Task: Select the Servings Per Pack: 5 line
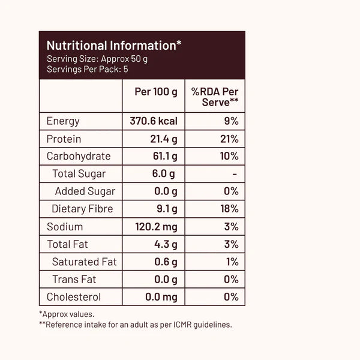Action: (x=88, y=69)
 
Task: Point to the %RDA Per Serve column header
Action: (x=215, y=97)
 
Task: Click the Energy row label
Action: (x=63, y=121)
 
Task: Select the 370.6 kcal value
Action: (x=154, y=121)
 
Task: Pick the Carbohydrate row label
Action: (x=79, y=157)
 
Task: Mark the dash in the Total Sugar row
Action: (x=235, y=174)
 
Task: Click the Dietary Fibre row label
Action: (x=82, y=209)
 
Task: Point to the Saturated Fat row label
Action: (x=84, y=262)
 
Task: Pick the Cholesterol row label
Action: (x=74, y=297)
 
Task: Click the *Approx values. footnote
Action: (x=67, y=314)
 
